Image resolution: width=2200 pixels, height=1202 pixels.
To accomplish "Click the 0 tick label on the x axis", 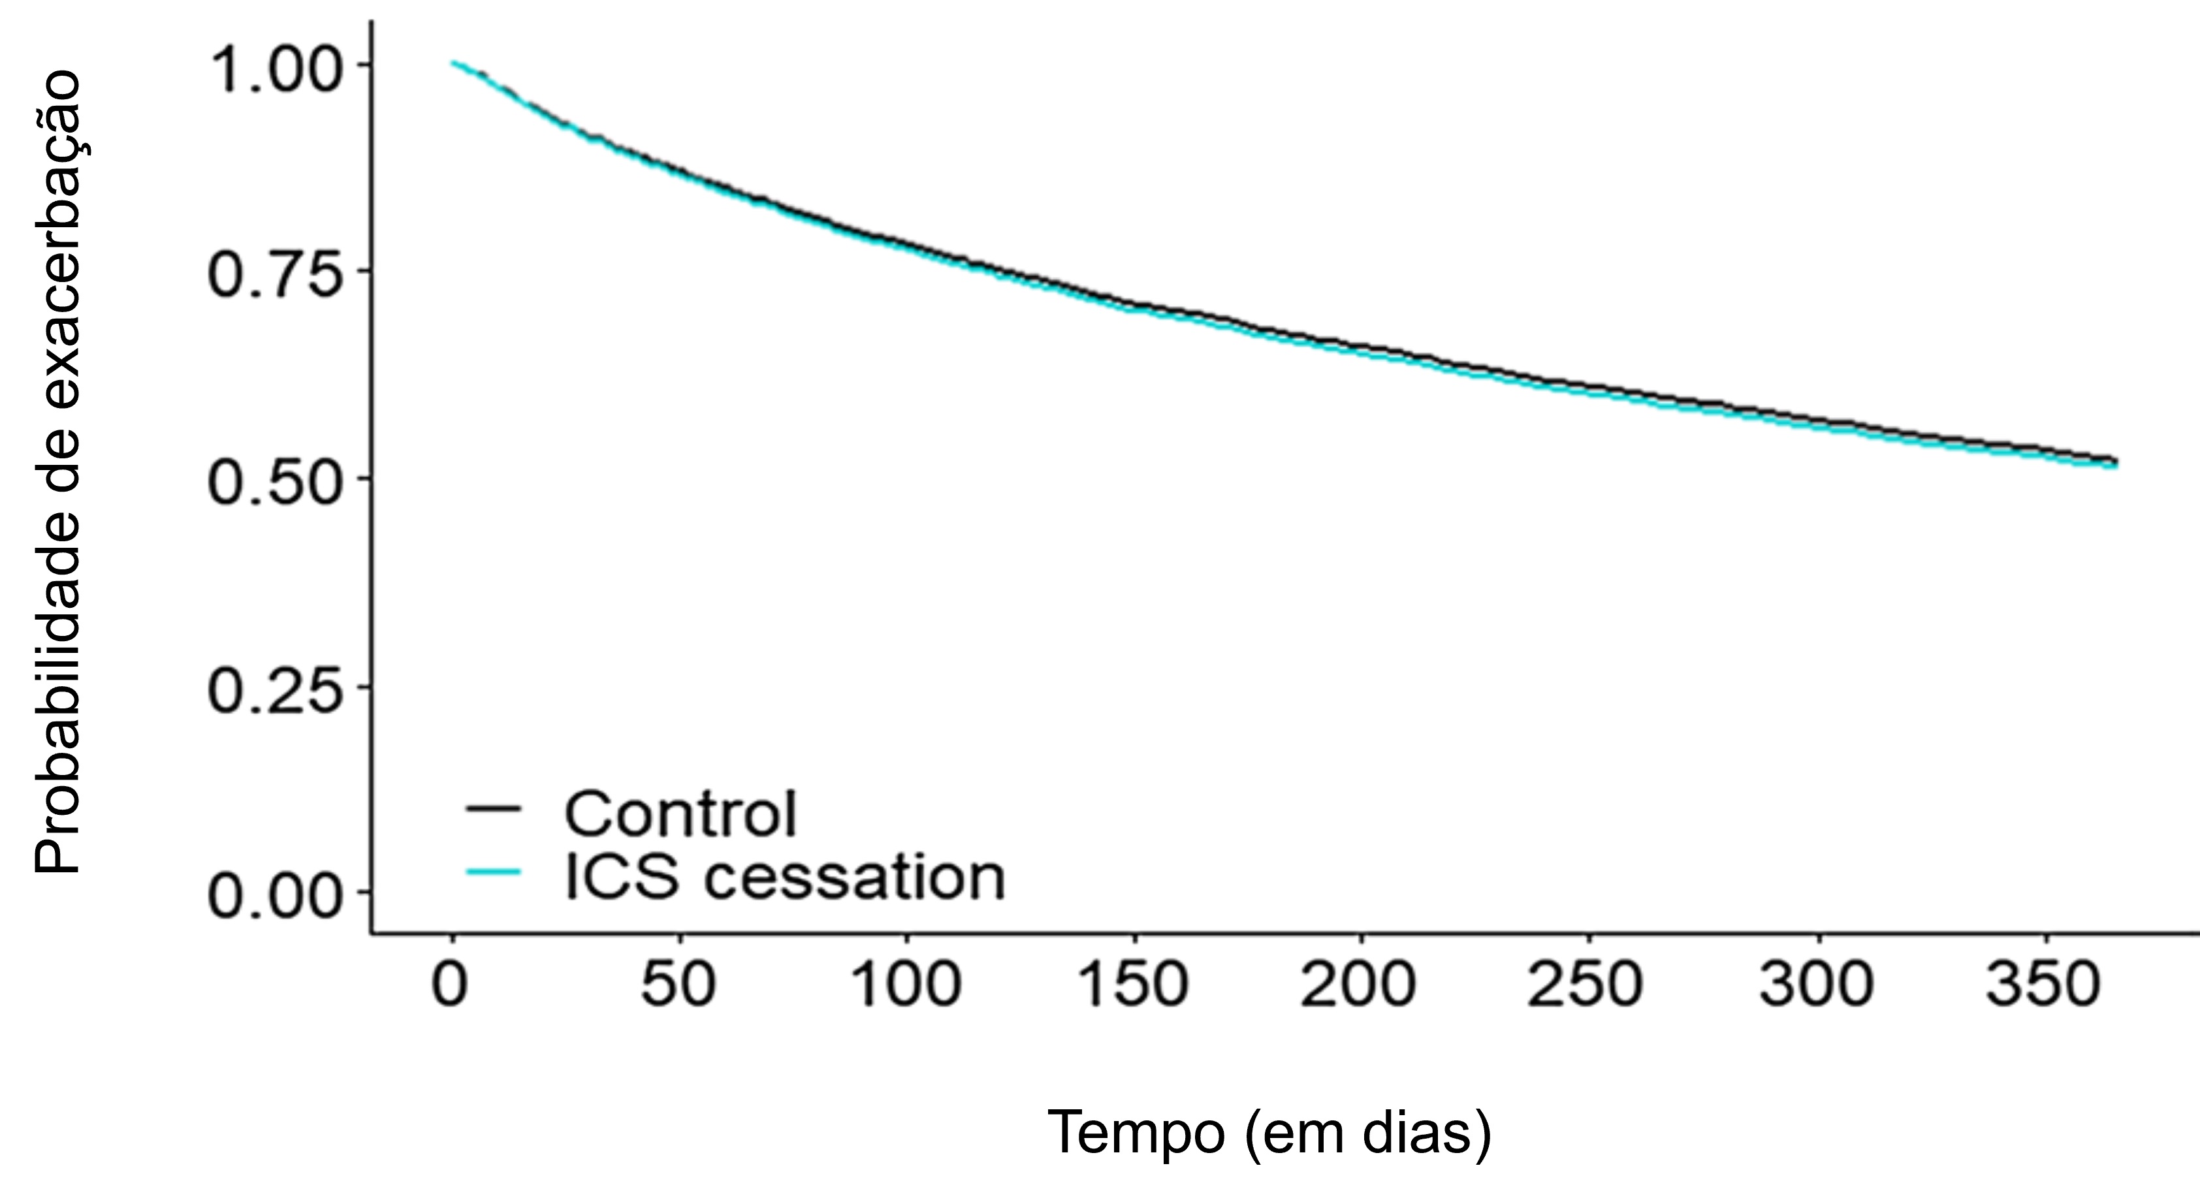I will click(450, 986).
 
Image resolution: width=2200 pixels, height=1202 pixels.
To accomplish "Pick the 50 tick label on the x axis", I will click(679, 986).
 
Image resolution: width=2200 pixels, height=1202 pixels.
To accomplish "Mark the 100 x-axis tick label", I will click(906, 986).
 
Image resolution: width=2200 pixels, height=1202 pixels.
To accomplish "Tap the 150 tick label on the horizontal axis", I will click(1134, 986).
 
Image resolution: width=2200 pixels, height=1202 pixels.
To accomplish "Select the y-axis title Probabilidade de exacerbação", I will click(58, 471).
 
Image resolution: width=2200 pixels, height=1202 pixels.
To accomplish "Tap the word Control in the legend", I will click(680, 814).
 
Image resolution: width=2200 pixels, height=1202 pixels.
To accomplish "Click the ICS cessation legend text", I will click(784, 877).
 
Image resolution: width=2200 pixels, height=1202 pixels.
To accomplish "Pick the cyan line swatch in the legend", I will click(493, 872).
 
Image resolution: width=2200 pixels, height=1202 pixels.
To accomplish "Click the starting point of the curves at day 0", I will click(453, 63).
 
